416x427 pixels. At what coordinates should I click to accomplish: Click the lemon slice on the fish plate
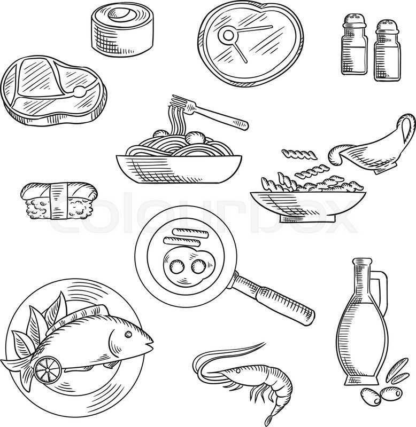coord(43,368)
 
